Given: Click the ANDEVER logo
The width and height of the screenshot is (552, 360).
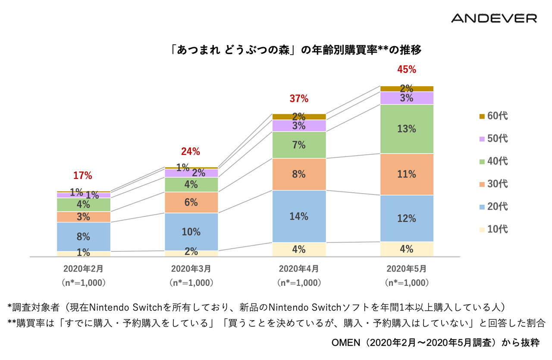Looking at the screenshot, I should coord(494,18).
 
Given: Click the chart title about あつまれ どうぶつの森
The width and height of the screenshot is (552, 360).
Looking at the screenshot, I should coord(295,50).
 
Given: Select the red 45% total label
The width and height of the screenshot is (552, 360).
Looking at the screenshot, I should coord(406,69).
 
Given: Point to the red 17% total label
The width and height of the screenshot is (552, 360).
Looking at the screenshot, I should coord(82,175).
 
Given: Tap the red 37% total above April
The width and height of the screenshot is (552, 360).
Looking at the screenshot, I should coord(299,99).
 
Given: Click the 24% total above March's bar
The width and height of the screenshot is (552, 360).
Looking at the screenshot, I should coord(191,151).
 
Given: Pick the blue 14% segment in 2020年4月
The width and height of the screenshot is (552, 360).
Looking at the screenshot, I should coord(299,216).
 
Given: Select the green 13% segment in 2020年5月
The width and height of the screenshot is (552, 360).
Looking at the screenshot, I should coord(406,129).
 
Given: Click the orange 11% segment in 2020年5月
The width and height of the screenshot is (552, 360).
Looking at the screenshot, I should coord(406,174).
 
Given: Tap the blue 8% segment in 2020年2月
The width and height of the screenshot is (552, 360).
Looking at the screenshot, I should coord(83,236).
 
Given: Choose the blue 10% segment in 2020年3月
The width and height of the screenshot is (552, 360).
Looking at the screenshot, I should coord(191,232).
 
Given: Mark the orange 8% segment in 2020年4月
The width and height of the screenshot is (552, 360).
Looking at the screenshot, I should coord(299,174).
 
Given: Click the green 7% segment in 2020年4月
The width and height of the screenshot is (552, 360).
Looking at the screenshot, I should coord(299,145).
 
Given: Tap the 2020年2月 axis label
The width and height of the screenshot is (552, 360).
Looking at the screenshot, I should coord(83,269).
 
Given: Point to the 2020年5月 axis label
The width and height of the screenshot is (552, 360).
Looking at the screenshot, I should coord(406,269).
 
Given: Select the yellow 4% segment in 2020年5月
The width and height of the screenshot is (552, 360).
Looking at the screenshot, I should coord(406,249).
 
